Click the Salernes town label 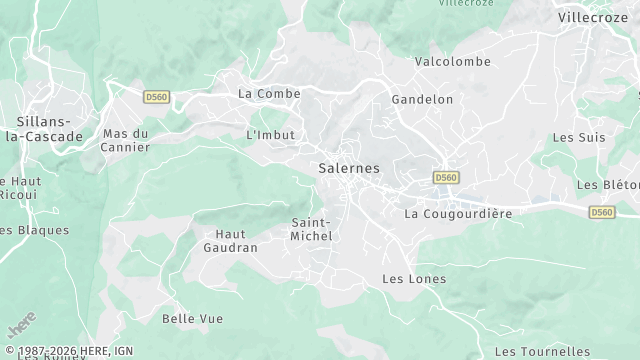coord(349,168)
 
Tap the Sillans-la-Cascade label coord(43,129)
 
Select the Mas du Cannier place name coord(126,140)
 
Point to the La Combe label coord(269,93)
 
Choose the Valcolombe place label coord(453,61)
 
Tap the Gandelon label coord(422,99)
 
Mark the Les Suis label coord(579,137)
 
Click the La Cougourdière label coord(458,214)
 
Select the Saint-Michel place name coord(311,228)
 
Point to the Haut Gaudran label coord(230,240)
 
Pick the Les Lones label coord(414,278)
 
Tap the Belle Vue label coord(193,318)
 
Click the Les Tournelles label coord(542,351)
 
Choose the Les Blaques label coord(35,229)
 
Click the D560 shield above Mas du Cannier coord(156,97)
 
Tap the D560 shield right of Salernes coord(445,177)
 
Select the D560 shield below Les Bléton coord(601,212)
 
